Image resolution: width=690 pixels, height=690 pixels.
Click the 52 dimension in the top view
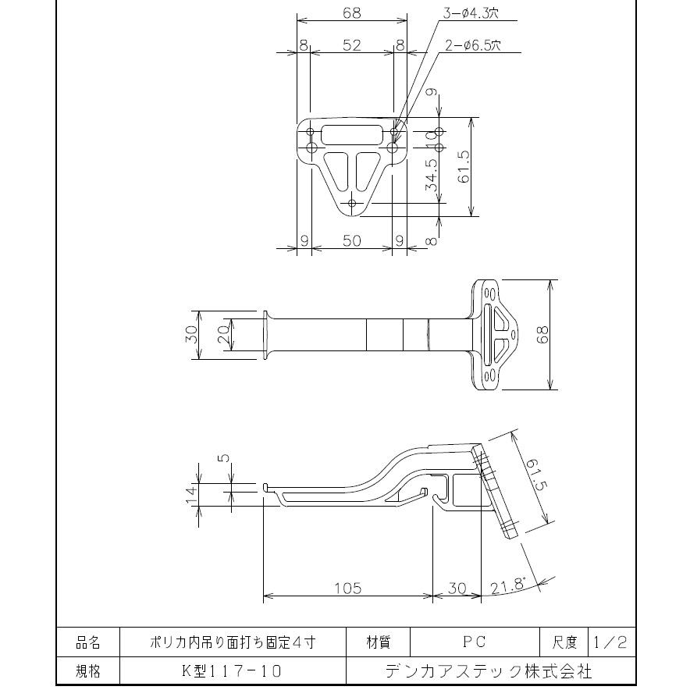coord(352,45)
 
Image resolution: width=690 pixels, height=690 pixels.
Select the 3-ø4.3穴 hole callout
coord(472,13)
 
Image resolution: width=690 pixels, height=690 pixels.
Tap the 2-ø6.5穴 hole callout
coord(472,45)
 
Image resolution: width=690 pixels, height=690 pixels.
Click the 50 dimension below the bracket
coord(352,240)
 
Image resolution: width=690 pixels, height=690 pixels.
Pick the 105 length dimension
coord(347,589)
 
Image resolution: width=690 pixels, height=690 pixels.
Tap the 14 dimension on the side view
coord(190,495)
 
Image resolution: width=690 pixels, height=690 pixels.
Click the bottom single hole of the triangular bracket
coord(352,203)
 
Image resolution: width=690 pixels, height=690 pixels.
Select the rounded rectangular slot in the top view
coord(352,133)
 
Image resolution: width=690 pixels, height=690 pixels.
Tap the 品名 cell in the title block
coord(87,642)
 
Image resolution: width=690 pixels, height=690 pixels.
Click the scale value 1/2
coord(610,642)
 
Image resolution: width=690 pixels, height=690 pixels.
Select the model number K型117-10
coord(232,670)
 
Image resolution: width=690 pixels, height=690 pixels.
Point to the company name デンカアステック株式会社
coord(489,670)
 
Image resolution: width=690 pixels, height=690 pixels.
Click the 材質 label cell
coord(379,642)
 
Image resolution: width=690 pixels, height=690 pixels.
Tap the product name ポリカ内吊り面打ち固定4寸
coord(232,642)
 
